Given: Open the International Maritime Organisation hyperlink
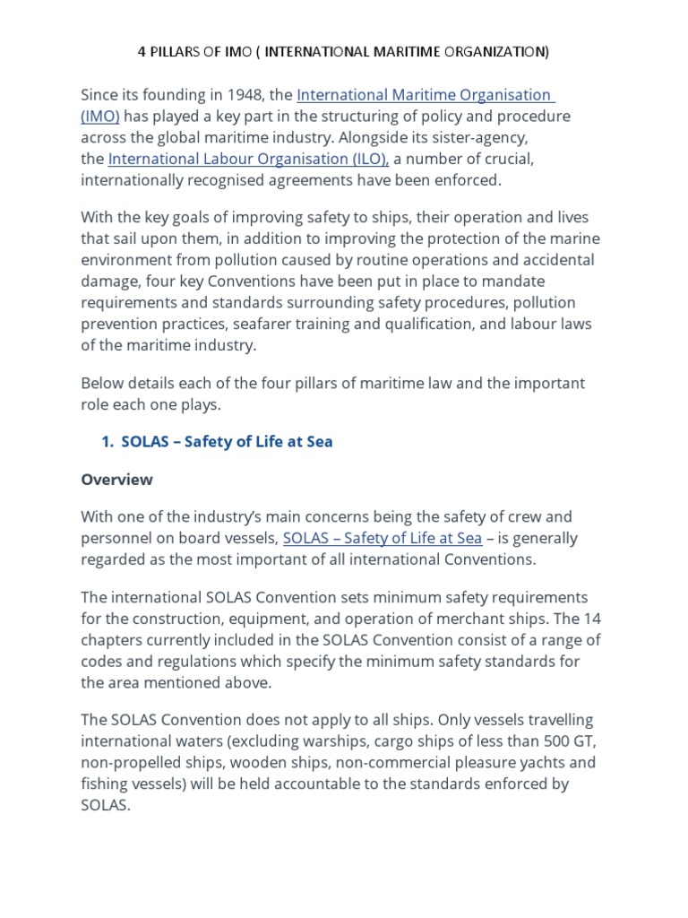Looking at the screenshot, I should [425, 95].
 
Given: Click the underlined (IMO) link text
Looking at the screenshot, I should [100, 117].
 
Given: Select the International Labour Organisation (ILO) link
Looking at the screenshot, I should [248, 160].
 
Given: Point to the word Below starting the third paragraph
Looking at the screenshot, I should [102, 383].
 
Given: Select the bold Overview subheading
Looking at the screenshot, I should [116, 480].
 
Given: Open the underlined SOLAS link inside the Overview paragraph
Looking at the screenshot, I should [382, 538].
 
